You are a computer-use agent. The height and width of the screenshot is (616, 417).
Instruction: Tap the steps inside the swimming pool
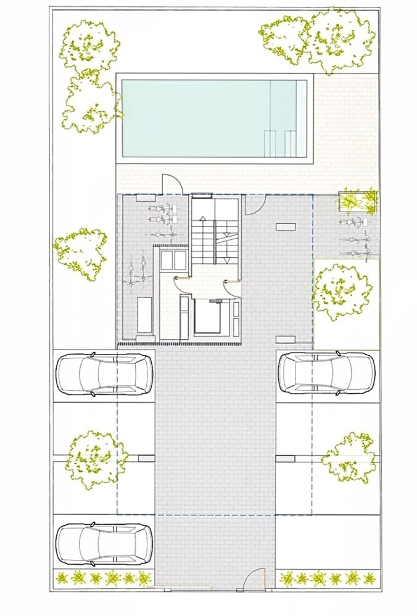point(277,143)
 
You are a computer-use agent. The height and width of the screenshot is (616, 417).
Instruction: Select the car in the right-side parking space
point(326,373)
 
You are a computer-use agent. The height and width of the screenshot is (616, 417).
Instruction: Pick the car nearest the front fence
point(104,544)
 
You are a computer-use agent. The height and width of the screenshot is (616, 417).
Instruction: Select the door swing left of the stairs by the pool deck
point(170,184)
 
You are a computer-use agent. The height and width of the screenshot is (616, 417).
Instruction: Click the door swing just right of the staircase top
point(254,203)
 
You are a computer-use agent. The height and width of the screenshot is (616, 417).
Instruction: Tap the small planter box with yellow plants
point(358,202)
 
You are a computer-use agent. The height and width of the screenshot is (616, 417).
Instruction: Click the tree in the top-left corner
point(90,46)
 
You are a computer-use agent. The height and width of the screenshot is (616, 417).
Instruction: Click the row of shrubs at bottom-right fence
point(327,578)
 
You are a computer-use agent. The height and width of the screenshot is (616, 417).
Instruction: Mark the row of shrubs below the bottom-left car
point(104,578)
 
